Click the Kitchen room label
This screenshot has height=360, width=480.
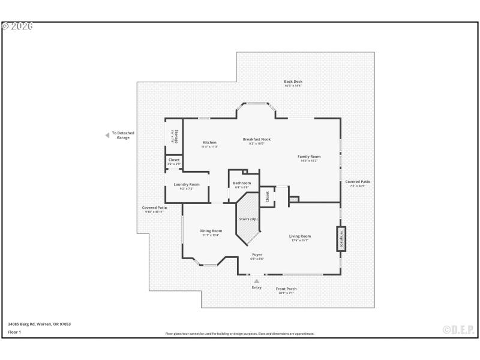point(209,142)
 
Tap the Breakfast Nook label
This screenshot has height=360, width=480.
point(256,139)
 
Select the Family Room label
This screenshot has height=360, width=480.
point(310,157)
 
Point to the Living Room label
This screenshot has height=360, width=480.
point(301,236)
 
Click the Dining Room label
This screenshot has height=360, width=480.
point(211,231)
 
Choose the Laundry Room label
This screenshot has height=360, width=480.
point(187,185)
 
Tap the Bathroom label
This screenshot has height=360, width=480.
point(242,182)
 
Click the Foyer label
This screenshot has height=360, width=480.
point(257,255)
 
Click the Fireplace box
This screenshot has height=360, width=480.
point(341,238)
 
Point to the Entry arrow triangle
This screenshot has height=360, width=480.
point(257,281)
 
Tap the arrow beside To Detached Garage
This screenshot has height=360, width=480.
point(107,136)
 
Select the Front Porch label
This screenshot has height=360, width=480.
point(286,289)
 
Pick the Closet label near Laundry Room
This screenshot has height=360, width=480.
point(174,160)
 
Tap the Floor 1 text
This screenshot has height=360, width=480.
point(14,332)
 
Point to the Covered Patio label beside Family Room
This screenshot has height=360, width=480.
point(358,182)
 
